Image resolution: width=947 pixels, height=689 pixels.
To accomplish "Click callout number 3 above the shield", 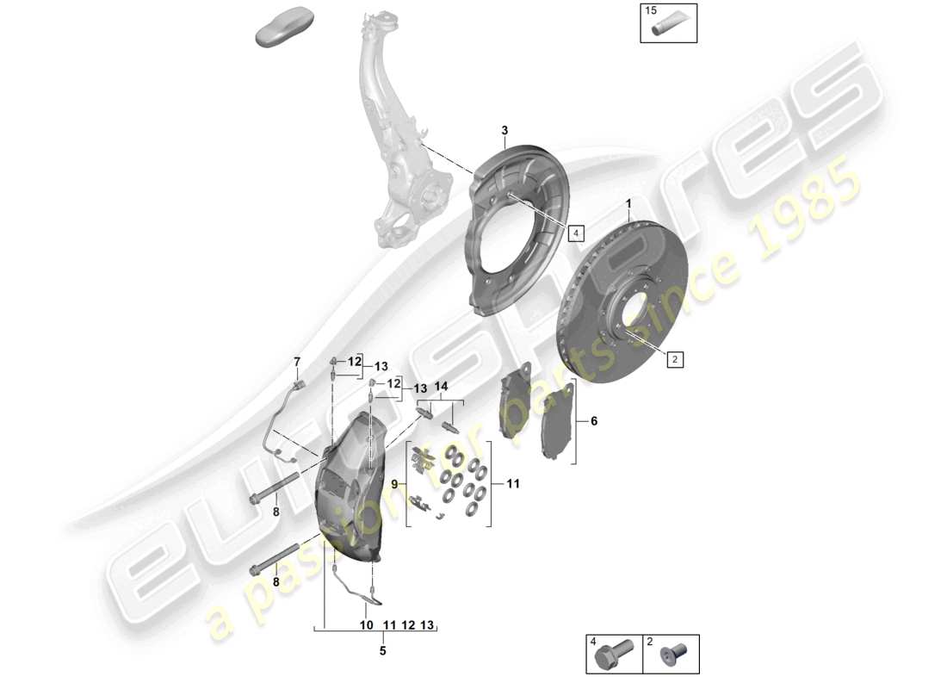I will click(505, 130).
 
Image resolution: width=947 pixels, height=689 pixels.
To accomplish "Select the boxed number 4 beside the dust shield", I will click(575, 233).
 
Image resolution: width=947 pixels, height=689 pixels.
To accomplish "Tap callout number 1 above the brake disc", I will click(628, 204).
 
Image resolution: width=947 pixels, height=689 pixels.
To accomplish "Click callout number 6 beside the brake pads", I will click(592, 421).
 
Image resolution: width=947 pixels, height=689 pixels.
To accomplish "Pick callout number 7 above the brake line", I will click(298, 361).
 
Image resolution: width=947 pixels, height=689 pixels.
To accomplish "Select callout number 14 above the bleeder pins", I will click(442, 387).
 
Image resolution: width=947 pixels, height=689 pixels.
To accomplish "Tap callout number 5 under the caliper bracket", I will click(383, 651).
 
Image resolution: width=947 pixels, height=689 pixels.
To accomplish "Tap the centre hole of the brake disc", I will click(626, 309).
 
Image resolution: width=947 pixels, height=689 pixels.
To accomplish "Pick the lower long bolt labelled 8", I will click(274, 557).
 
